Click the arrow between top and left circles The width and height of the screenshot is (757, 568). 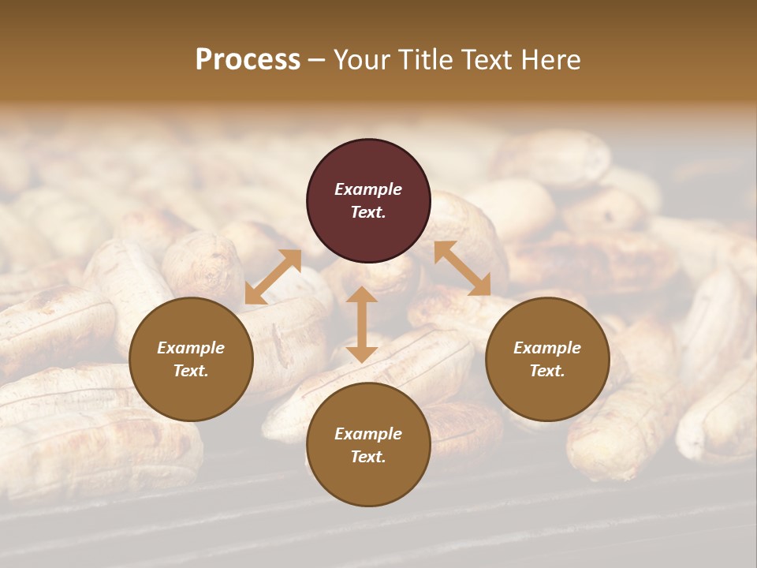pyautogui.click(x=273, y=277)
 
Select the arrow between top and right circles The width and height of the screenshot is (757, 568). pyautogui.click(x=462, y=268)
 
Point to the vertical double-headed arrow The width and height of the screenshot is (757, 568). pyautogui.click(x=362, y=324)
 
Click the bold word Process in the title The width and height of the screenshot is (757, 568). pyautogui.click(x=248, y=60)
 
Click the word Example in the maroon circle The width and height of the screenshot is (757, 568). pyautogui.click(x=368, y=189)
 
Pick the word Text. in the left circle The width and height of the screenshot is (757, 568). pyautogui.click(x=191, y=371)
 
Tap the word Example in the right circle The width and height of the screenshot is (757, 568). pyautogui.click(x=547, y=348)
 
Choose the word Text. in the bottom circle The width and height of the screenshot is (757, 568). pyautogui.click(x=368, y=457)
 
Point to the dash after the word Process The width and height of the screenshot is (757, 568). pyautogui.click(x=317, y=60)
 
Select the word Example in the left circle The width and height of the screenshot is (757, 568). pyautogui.click(x=191, y=348)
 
